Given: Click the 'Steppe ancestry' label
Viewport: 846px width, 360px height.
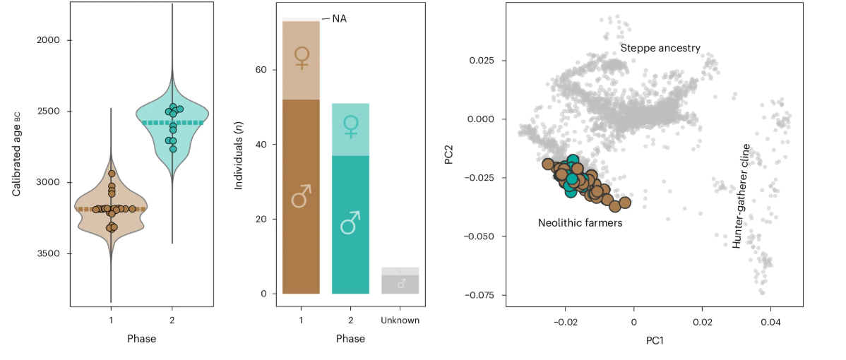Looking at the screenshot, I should [660, 48].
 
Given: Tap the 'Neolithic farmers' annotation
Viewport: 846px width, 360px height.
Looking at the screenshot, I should [580, 223].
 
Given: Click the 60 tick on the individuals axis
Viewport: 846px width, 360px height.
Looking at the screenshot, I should [259, 70].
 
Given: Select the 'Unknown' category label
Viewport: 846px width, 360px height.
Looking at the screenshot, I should [400, 320].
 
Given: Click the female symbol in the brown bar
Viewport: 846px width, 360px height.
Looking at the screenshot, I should [302, 58].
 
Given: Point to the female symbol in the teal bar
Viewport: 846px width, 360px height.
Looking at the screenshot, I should [350, 126].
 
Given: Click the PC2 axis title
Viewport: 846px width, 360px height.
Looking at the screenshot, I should [448, 154].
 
